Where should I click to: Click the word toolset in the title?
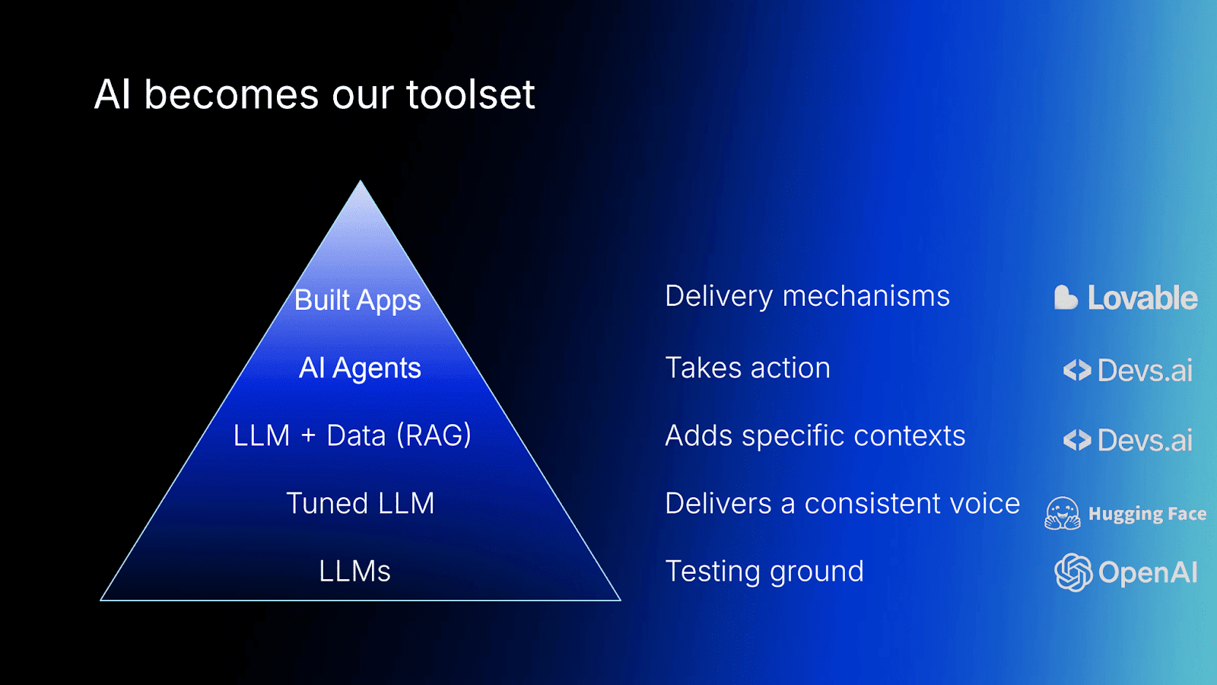470,95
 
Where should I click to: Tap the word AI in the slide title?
113,95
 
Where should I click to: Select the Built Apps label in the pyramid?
357,300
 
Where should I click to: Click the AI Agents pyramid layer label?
360,368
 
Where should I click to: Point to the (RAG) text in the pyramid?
434,435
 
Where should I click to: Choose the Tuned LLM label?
360,503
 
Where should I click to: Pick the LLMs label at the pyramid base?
354,571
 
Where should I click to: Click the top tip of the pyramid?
361,183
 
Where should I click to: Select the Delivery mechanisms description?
807,296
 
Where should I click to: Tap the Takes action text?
748,368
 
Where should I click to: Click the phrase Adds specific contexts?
815,436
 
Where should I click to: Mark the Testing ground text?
764,572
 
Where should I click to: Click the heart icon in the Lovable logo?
1065,298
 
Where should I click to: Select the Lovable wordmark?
1142,298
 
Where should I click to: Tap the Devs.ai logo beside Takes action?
1128,371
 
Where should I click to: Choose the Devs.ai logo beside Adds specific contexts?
1128,440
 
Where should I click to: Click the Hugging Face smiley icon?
1063,514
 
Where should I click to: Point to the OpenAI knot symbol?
1073,572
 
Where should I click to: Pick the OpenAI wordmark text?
1148,572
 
